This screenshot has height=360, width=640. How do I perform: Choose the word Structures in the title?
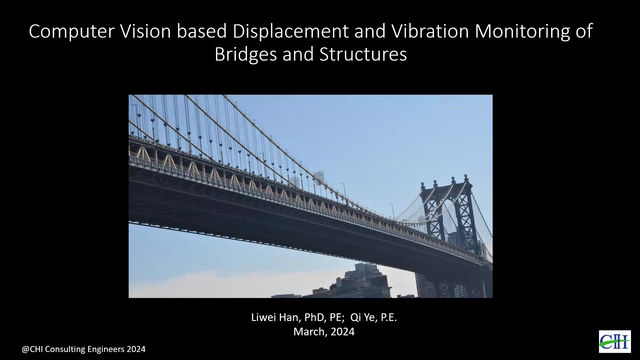[365, 55]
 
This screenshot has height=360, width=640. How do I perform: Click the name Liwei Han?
[275, 317]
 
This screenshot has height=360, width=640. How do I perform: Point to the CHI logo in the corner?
[614, 341]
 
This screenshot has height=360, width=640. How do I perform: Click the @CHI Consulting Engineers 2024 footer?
[77, 348]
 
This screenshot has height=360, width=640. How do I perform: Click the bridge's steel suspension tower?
[447, 215]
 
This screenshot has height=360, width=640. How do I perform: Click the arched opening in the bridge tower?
[436, 223]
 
